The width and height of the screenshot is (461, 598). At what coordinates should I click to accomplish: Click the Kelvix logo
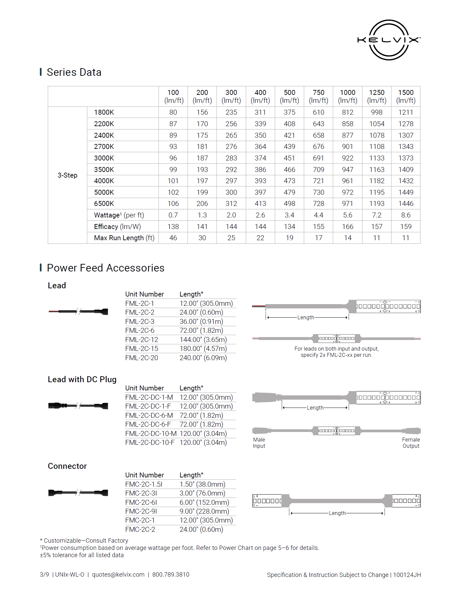click(389, 40)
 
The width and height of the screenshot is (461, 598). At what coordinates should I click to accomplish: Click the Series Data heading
click(74, 72)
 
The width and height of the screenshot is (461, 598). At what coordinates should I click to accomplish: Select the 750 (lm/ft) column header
click(318, 96)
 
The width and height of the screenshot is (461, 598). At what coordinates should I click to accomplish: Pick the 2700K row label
click(104, 147)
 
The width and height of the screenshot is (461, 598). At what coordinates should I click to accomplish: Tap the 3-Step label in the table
click(68, 175)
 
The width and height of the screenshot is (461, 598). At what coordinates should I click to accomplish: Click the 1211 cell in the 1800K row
click(406, 112)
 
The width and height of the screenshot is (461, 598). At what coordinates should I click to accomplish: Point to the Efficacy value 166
click(347, 227)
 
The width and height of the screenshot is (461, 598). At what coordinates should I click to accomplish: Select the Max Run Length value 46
click(173, 238)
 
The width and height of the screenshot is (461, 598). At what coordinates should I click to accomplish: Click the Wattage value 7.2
click(377, 215)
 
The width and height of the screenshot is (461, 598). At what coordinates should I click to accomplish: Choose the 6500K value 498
click(289, 204)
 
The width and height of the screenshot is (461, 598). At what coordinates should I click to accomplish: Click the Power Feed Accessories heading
click(105, 268)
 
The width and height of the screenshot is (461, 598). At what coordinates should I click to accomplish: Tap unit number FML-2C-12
click(142, 340)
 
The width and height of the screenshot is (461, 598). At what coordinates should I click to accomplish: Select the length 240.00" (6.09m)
click(203, 358)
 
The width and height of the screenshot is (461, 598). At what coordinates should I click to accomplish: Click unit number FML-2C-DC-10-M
click(151, 434)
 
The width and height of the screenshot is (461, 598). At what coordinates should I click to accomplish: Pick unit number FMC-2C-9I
click(141, 511)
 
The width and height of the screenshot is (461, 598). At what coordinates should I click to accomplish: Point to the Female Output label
click(411, 443)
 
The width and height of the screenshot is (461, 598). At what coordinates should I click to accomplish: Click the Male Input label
click(259, 443)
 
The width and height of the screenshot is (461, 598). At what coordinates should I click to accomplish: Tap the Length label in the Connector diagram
click(337, 513)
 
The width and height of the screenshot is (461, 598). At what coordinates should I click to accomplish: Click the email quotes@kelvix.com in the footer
click(118, 575)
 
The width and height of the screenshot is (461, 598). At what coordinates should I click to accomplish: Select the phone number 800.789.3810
click(171, 575)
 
